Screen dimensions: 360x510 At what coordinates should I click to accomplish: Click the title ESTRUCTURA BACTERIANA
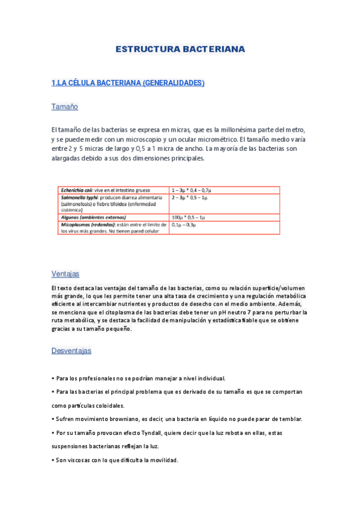click(x=180, y=49)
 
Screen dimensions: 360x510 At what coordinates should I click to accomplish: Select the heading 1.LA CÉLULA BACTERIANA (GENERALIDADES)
click(x=128, y=83)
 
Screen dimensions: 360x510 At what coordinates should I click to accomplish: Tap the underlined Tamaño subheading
click(x=65, y=107)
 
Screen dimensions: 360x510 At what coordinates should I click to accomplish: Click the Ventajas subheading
click(x=65, y=274)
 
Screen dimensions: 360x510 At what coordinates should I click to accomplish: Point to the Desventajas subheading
click(x=71, y=351)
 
